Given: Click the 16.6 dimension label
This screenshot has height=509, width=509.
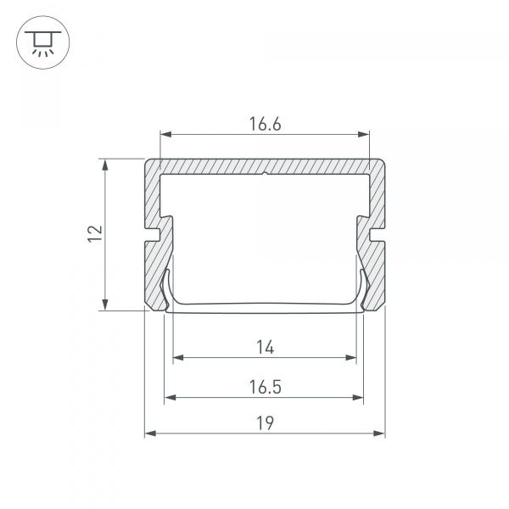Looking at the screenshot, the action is [265, 124].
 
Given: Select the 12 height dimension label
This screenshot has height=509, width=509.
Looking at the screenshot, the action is [95, 233].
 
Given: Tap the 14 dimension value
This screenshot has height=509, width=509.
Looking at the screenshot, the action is [266, 347].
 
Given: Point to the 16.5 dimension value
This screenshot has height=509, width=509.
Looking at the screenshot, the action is [265, 387].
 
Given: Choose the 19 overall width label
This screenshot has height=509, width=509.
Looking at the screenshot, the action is [266, 423].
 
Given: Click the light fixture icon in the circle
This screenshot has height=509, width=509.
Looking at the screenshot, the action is [43, 42].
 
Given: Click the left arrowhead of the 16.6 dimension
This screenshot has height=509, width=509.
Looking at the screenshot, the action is [166, 134].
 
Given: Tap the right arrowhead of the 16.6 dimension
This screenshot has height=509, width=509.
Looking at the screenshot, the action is [364, 134].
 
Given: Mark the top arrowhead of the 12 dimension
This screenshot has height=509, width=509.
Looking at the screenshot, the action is [105, 165].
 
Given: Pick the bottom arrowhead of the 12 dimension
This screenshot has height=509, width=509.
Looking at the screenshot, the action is [105, 305].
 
